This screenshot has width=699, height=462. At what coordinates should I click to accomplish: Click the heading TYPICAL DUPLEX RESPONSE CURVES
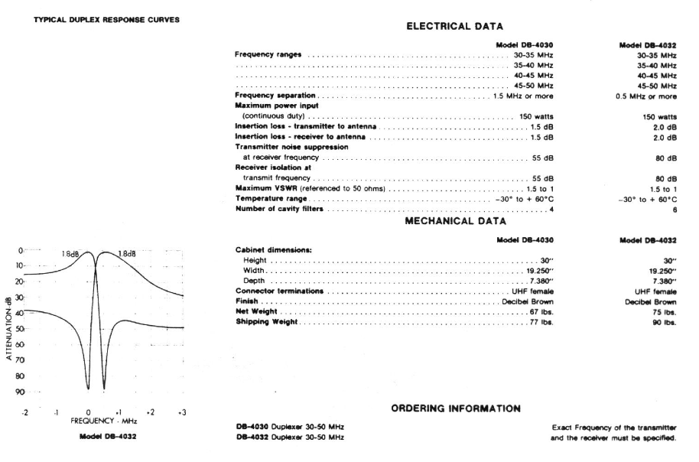(106, 20)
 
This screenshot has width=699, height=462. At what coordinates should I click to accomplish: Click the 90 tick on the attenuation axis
(20, 392)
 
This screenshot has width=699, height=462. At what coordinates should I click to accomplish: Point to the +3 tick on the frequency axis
(182, 412)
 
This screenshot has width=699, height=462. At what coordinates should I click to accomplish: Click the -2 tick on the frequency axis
(24, 412)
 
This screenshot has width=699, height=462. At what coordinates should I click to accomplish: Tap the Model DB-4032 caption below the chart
(103, 437)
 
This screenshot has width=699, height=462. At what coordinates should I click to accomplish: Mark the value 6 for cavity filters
(675, 209)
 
